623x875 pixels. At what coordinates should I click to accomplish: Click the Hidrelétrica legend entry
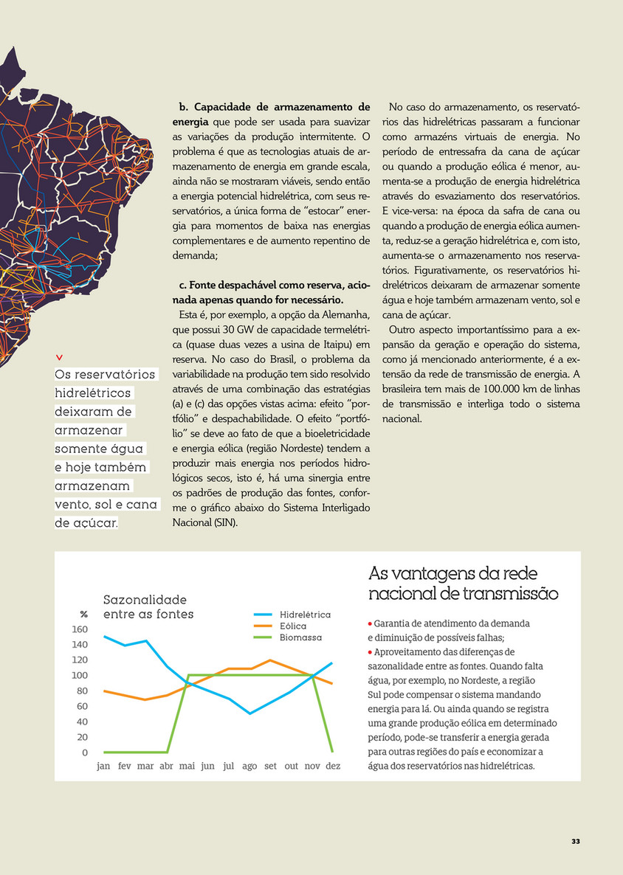point(305,614)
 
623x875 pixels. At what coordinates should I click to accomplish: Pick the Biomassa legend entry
point(300,637)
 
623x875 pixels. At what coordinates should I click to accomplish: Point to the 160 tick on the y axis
point(80,629)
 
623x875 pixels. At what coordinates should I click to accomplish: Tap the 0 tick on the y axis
point(84,753)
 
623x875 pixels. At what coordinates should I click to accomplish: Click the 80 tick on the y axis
point(81,691)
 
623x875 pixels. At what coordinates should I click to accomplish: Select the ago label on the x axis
point(249,767)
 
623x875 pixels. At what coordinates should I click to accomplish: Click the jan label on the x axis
point(103,767)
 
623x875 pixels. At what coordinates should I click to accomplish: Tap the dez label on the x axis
point(333,767)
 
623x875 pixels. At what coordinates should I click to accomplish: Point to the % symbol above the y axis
point(83,615)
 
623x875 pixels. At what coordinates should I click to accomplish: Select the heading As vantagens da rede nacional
point(463,584)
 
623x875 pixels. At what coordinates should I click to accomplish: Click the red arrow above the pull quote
point(59,359)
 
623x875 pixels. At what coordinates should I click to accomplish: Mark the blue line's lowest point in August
point(249,713)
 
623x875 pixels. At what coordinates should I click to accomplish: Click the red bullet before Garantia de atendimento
point(371,623)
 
